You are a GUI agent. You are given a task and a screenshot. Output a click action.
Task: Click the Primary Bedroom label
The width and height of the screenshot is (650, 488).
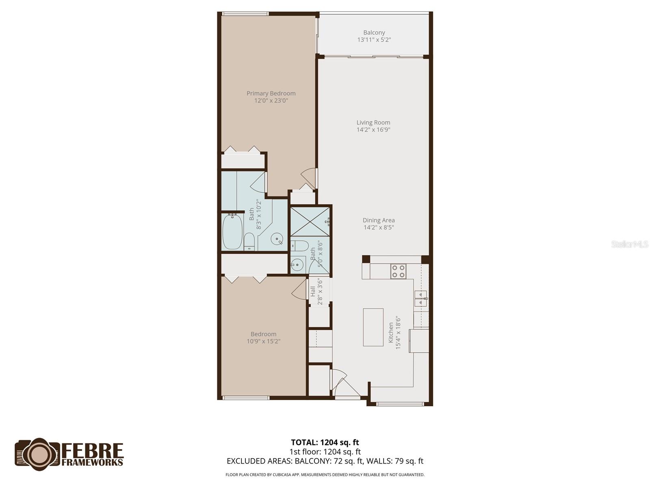coord(271,93)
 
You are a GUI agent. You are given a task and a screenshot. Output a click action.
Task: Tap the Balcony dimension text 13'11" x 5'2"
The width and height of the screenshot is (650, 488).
coord(374,40)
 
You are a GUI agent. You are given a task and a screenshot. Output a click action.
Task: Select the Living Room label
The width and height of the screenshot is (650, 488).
coord(373,122)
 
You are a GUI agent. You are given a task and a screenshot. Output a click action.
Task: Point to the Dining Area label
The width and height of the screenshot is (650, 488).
coord(379,220)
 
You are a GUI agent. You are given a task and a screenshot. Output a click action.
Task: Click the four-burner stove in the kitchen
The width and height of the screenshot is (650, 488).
coord(398,271)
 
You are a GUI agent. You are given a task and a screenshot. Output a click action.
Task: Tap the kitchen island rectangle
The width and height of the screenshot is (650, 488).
coord(373,327)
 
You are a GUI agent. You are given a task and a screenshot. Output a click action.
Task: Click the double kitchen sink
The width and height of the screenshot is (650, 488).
coord(421,299)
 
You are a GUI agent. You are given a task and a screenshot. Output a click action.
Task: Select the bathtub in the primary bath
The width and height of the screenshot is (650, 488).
coord(232,232)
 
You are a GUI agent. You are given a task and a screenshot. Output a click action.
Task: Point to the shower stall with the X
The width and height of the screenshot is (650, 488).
coord(310,221)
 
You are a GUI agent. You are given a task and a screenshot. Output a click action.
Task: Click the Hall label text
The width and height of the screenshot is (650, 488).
coord(313,291)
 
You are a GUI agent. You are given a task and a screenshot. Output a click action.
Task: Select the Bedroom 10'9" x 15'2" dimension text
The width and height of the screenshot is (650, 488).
coord(263,342)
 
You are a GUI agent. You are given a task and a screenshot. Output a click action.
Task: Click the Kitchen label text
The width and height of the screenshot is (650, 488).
coord(391,333)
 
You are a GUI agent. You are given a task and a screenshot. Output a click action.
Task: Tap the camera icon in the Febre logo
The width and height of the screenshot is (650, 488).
coord(38,454)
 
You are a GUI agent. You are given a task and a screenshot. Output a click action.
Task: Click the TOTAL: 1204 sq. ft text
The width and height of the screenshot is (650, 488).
coord(325,442)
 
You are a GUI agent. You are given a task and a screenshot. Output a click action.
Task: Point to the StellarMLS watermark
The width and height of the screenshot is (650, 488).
coord(630,244)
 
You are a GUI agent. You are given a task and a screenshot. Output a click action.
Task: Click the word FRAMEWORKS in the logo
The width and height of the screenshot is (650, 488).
coord(92,462)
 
